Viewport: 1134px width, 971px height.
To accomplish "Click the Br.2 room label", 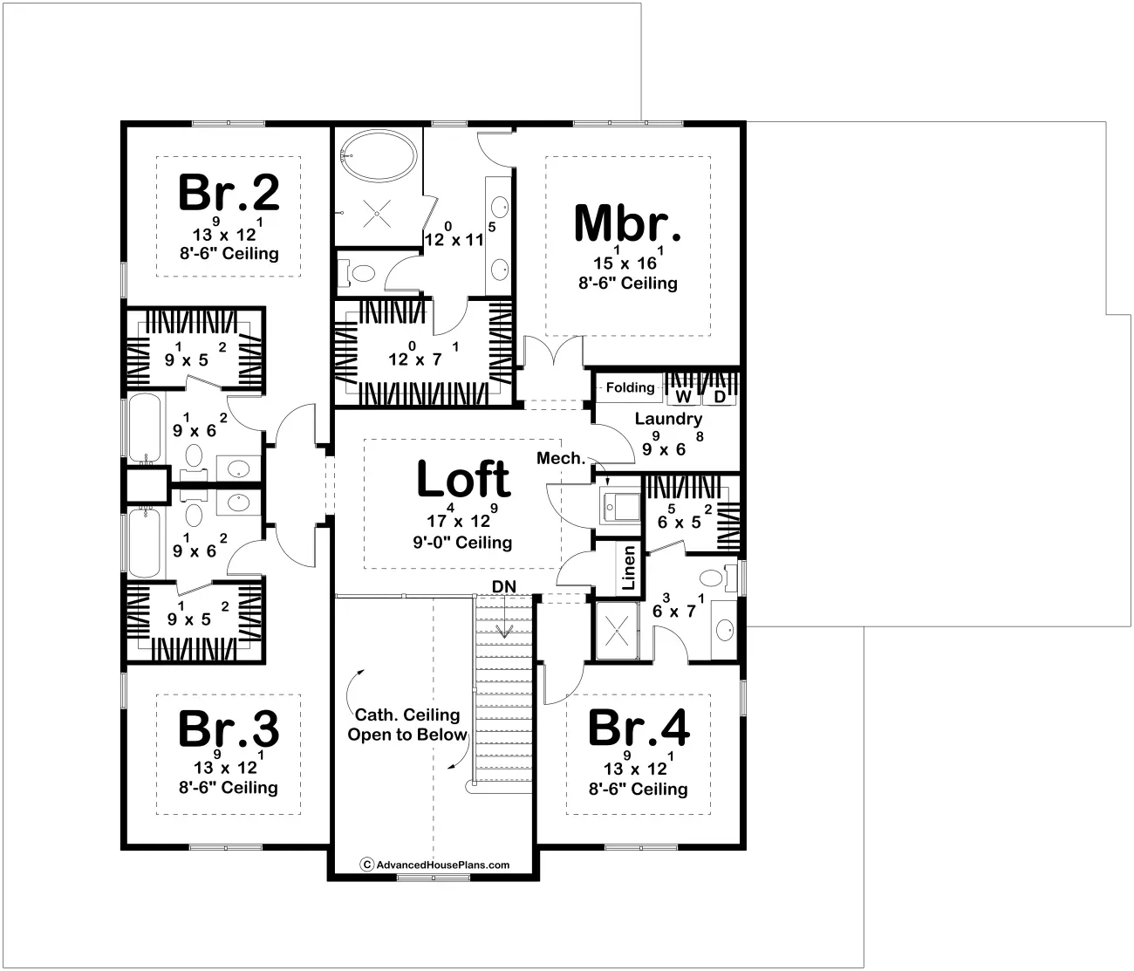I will [229, 193].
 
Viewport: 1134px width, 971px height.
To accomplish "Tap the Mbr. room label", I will [627, 223].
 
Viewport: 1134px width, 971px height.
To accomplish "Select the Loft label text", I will [463, 478].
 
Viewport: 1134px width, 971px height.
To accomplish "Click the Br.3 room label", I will [229, 728].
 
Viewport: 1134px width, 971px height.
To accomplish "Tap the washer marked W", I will [683, 396].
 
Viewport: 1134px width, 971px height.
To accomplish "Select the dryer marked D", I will [720, 396].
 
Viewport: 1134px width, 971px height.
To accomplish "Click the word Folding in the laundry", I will [630, 387].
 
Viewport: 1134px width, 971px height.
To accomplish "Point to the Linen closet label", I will [628, 568].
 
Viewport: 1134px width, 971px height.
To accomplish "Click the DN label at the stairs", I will [502, 585].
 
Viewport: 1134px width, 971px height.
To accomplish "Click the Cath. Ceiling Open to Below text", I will [407, 725].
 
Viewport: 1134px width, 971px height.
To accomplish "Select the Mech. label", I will [560, 458].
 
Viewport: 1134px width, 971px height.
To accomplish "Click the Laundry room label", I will [668, 419].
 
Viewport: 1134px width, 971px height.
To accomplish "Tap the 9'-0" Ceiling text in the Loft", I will [463, 543].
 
